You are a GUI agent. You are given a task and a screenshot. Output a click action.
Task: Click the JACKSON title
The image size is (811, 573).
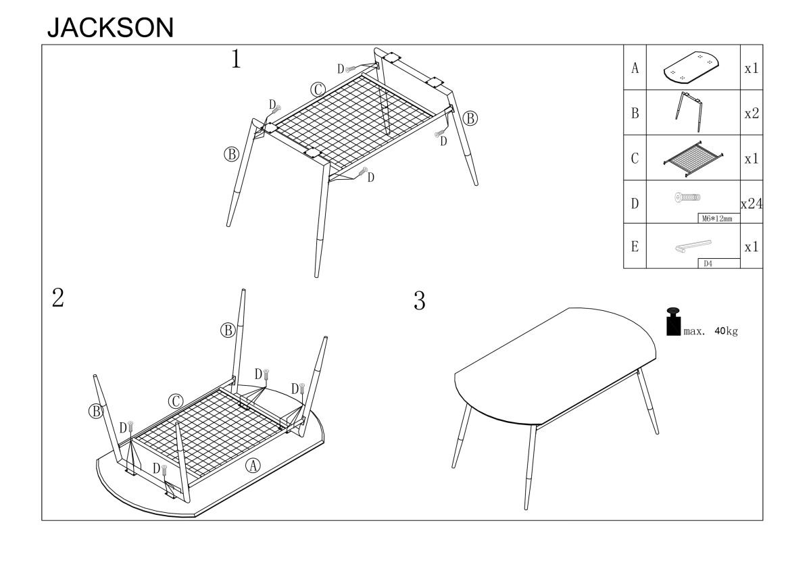(110, 28)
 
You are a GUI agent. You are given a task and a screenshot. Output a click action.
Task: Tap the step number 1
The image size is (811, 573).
(236, 59)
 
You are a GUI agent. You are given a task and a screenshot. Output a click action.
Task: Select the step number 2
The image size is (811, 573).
(58, 298)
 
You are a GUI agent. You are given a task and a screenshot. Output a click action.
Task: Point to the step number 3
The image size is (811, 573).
(419, 301)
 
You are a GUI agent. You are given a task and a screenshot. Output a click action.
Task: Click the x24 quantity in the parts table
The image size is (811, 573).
(752, 204)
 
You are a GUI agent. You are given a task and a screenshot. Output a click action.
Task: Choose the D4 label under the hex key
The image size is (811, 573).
(708, 264)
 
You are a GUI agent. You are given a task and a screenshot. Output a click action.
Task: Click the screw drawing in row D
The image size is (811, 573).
(687, 197)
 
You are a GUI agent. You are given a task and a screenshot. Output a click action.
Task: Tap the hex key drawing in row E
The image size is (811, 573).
(693, 246)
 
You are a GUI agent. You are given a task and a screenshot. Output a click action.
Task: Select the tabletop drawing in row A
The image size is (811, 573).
(691, 68)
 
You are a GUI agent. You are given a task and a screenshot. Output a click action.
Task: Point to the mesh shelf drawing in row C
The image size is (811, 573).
(693, 159)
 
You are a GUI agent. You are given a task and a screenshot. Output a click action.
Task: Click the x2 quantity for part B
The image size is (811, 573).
(752, 114)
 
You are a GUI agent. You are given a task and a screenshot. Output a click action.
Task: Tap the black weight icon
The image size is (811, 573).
(673, 322)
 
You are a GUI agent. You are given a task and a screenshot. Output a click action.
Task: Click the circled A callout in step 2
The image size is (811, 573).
(253, 466)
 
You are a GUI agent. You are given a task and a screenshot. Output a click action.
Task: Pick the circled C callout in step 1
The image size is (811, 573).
(318, 90)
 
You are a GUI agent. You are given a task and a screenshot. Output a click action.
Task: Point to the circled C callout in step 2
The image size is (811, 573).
(176, 401)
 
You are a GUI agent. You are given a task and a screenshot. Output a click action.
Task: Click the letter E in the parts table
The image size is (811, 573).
(635, 247)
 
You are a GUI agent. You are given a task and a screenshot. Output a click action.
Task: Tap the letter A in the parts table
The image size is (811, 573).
(635, 68)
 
